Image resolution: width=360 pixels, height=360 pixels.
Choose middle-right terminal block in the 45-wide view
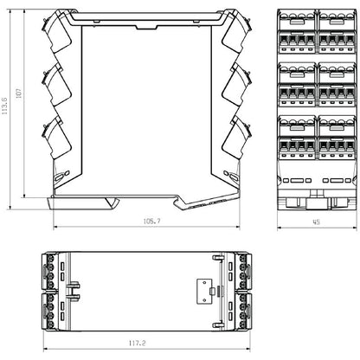point(337,83)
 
